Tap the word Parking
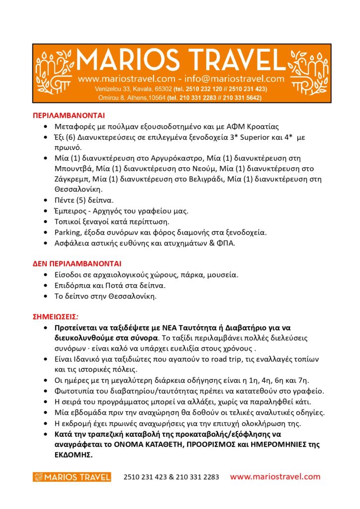click(x=69, y=232)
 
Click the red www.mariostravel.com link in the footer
click(x=275, y=477)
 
